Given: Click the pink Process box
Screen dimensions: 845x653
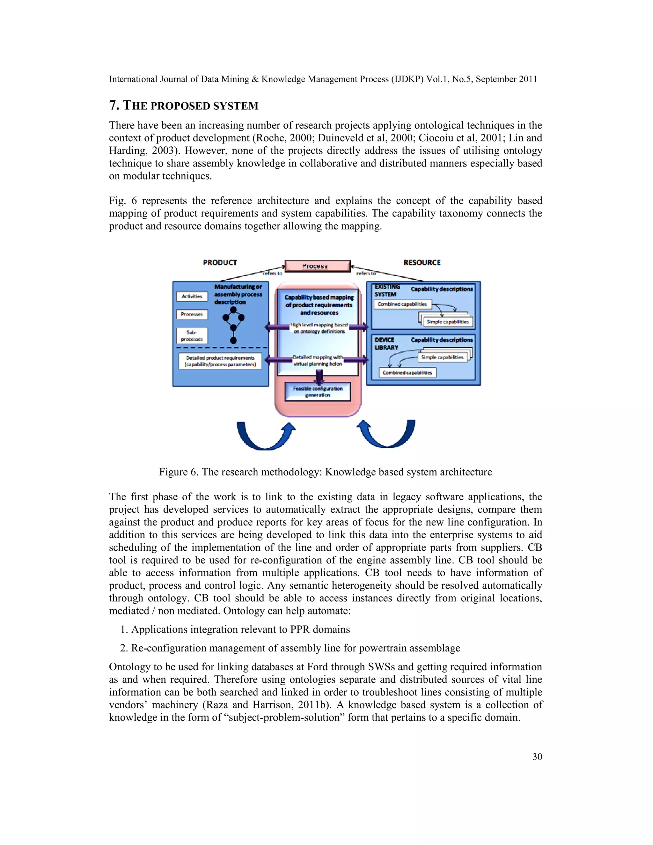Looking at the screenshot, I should tap(317, 266).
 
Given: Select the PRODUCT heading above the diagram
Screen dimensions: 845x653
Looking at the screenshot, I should tap(220, 263).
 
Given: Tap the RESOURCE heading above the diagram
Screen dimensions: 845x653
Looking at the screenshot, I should tap(422, 263).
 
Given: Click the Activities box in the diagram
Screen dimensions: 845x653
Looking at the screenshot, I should tap(192, 296).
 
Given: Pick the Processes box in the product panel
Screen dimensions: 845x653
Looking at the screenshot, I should tap(192, 314).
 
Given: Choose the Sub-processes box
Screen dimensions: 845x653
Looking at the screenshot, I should tap(192, 335).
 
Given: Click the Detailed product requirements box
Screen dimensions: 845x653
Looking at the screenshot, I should tap(220, 361).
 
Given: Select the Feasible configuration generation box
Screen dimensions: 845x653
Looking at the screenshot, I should tap(318, 392).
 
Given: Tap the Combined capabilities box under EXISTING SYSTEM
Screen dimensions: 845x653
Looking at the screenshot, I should tap(402, 304).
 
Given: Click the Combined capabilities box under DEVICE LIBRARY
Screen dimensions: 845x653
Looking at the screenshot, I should tap(407, 372).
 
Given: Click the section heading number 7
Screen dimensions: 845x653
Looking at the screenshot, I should tap(113, 105).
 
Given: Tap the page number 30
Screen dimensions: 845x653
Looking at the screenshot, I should tap(537, 757).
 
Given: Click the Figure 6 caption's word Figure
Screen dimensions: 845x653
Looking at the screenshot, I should tap(173, 472).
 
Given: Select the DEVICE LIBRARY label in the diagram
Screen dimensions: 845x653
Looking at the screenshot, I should tap(386, 343).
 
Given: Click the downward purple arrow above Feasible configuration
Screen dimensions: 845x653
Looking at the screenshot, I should tap(319, 376).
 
